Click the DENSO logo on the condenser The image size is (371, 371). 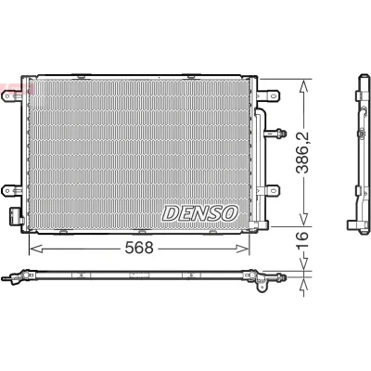(200, 213)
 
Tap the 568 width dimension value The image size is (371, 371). (139, 248)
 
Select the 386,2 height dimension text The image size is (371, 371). (302, 152)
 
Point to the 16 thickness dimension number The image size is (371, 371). (302, 236)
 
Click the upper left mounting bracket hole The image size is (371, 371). (7, 96)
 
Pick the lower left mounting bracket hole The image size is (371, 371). (7, 191)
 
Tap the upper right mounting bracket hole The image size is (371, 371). (273, 96)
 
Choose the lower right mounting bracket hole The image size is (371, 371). (273, 190)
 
